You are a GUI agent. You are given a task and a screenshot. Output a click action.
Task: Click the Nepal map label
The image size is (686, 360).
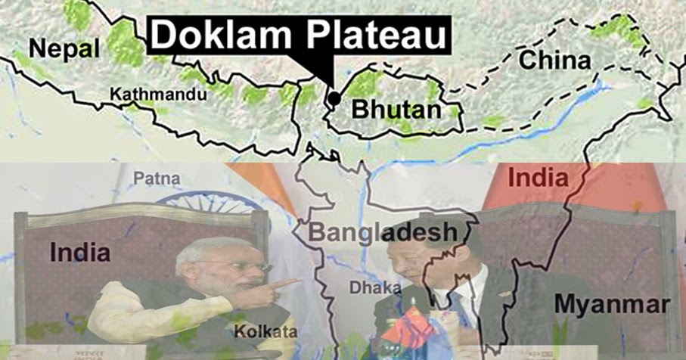(64, 50)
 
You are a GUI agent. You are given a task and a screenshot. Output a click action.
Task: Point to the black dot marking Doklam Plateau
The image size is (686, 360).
(334, 98)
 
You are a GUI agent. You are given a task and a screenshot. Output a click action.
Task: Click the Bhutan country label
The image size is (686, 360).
(396, 110)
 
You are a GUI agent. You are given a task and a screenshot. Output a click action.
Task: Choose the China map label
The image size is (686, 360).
(555, 61)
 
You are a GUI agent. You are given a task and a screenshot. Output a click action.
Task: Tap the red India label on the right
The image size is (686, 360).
(538, 178)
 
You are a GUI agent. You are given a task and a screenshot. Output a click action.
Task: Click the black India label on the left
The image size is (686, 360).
(79, 252)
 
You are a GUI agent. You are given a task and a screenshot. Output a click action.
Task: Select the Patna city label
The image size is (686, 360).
(158, 179)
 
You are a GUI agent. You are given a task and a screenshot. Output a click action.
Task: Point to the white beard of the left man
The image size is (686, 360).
(238, 292)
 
